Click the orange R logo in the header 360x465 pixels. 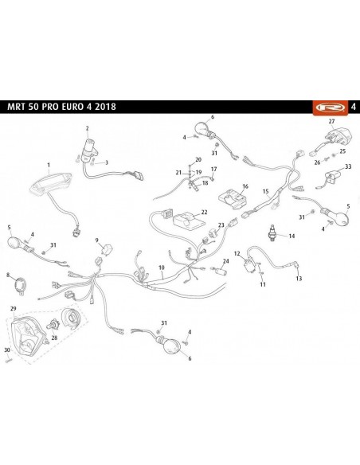[x=331, y=107]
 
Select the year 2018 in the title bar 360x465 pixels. [x=105, y=107]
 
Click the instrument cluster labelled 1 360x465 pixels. [x=50, y=183]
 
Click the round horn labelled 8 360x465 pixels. [x=21, y=285]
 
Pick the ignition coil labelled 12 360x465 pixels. [x=248, y=264]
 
